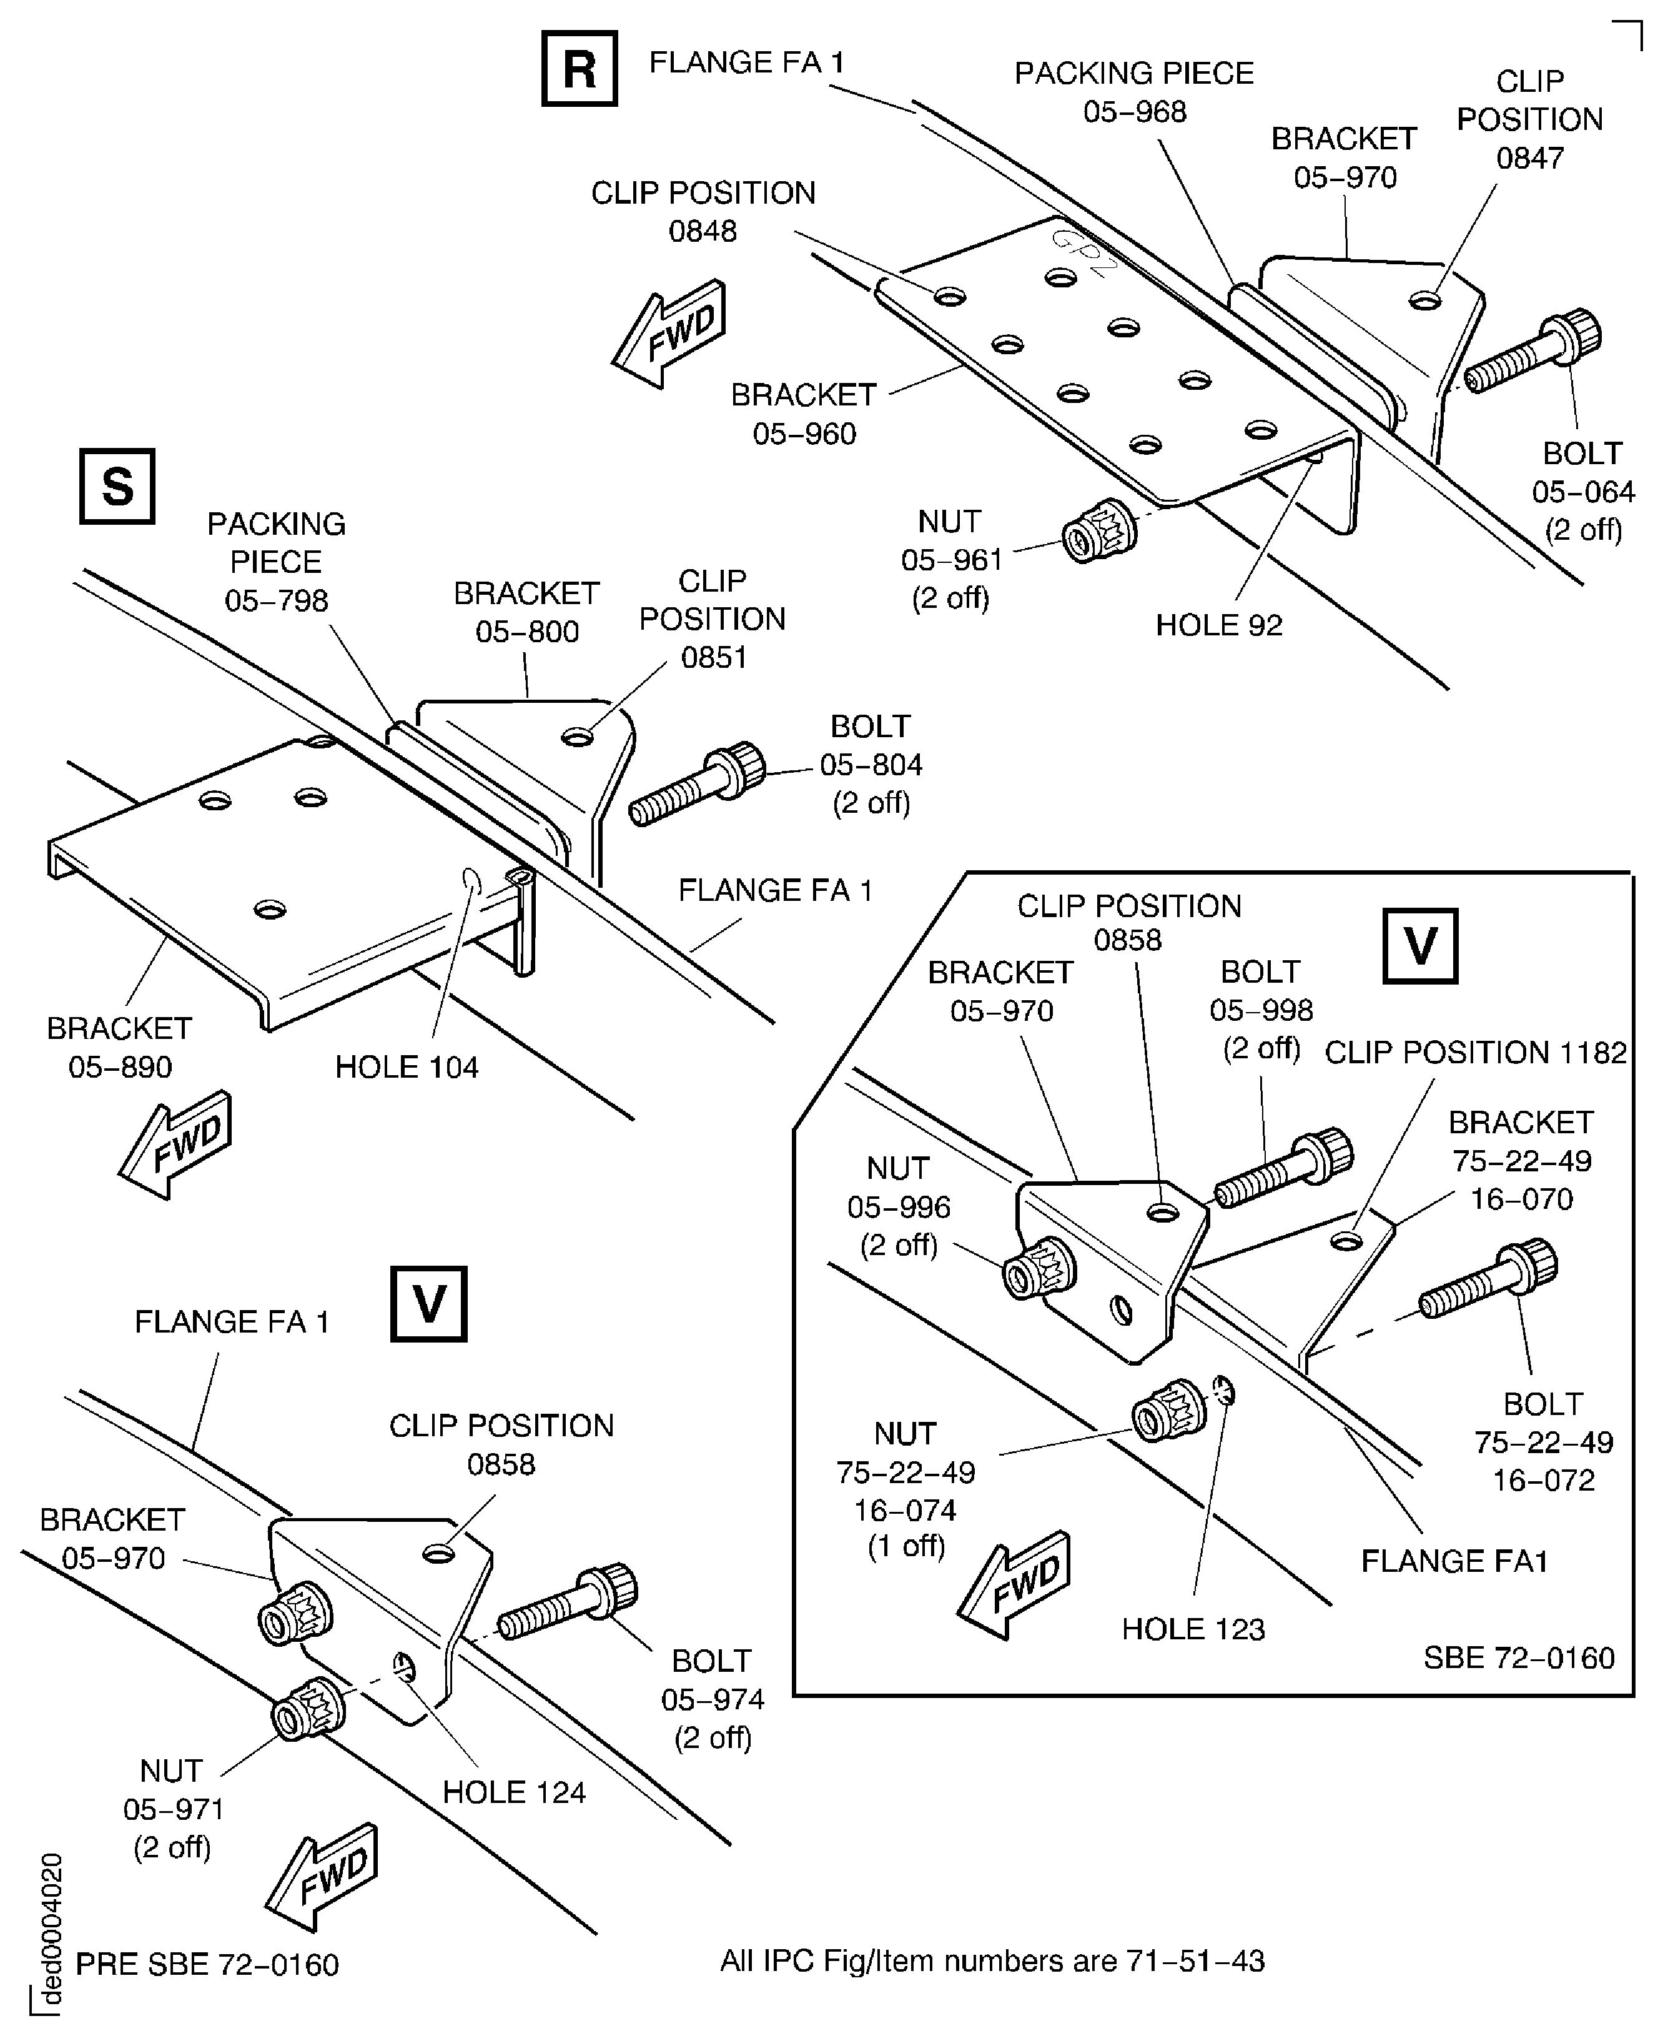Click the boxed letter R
[x=579, y=68]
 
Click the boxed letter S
[x=117, y=486]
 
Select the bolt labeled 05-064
[x=1532, y=352]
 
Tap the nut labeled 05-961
[x=1098, y=531]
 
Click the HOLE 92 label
[x=1218, y=625]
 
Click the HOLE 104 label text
[x=406, y=1067]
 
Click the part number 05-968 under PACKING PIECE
[x=1134, y=112]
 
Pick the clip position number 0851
[x=713, y=657]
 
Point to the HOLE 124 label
[x=513, y=1792]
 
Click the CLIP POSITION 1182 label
[x=1474, y=1053]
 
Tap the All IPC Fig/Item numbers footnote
[x=992, y=1961]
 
